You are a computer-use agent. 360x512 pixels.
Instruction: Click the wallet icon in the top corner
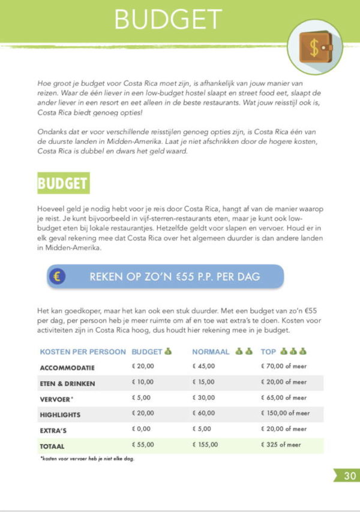[315, 47]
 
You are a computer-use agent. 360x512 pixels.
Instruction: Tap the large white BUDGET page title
[168, 20]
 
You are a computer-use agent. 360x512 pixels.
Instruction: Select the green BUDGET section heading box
[63, 183]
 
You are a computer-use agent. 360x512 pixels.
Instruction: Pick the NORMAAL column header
[211, 352]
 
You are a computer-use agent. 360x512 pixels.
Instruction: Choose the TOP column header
[269, 352]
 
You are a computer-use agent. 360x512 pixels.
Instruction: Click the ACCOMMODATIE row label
[67, 368]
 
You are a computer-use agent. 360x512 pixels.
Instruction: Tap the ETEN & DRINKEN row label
[67, 383]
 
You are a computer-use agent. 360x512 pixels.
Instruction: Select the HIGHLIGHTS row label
[60, 414]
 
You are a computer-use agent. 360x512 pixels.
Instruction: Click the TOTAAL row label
[52, 446]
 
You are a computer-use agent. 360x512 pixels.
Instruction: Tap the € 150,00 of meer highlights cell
[285, 414]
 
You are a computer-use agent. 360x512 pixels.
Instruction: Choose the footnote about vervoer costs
[87, 459]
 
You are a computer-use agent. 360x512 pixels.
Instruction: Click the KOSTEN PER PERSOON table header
[83, 352]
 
